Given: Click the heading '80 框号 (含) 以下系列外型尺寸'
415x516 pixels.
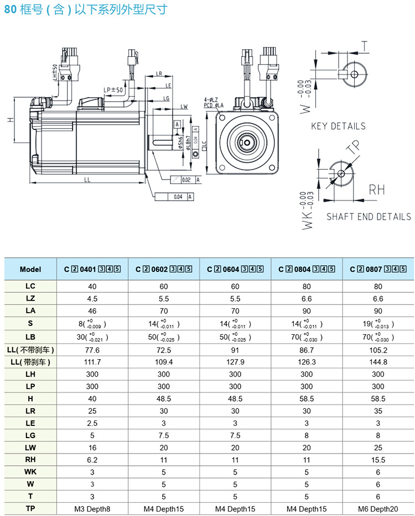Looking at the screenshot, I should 84,10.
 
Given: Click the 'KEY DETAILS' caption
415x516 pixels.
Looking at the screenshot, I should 338,126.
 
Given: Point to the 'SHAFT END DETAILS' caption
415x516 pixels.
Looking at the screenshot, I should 369,217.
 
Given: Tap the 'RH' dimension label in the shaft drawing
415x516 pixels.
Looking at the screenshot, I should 377,190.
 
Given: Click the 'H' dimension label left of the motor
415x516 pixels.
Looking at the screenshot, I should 11,120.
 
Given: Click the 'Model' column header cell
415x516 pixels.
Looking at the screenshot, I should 30,270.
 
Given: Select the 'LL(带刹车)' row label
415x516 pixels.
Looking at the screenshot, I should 30,362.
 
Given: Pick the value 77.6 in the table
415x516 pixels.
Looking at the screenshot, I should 92,350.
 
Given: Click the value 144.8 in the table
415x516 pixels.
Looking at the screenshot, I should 378,362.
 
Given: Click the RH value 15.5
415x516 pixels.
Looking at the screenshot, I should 378,460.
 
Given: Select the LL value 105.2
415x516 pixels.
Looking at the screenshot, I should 378,350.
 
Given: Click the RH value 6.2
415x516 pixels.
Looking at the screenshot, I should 92,460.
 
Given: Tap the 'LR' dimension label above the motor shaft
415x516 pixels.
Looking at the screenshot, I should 159,73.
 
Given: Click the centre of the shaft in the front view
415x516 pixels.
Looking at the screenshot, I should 246,143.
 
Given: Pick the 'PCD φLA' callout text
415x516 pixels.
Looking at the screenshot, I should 213,105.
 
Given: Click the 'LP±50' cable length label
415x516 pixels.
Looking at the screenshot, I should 113,89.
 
